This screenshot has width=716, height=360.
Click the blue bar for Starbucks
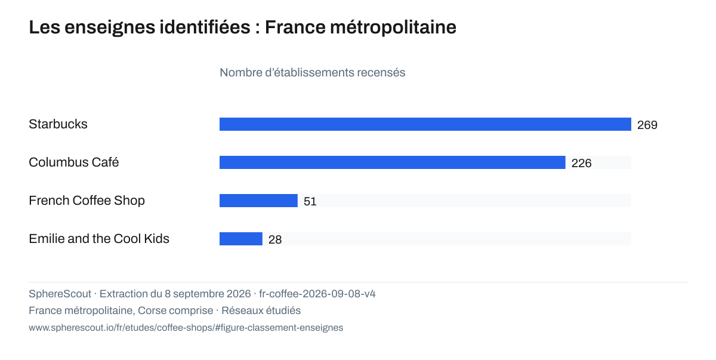(x=425, y=124)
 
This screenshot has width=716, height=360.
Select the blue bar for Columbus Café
(x=393, y=162)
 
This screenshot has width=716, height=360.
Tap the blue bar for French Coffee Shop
(x=258, y=201)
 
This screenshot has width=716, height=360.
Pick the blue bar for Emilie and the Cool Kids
(x=241, y=239)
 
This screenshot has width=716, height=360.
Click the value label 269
(x=647, y=125)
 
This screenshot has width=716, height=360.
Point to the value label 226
(x=581, y=164)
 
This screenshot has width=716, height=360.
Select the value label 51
(x=310, y=201)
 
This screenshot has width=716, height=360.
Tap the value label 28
(x=275, y=240)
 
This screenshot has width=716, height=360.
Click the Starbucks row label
(x=58, y=124)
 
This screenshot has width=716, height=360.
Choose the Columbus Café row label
(x=74, y=162)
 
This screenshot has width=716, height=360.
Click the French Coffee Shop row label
(x=87, y=201)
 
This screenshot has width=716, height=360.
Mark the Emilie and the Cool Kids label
(x=99, y=239)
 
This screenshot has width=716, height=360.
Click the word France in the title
(x=295, y=27)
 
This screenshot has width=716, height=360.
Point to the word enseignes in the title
(x=109, y=28)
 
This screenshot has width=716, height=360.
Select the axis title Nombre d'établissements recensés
(x=312, y=73)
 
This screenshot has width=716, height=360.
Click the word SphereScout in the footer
(x=60, y=294)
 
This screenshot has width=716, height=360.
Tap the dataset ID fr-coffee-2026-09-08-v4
(x=317, y=294)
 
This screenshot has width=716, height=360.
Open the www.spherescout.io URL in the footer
(x=186, y=328)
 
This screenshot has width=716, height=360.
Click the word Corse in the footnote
(x=153, y=310)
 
